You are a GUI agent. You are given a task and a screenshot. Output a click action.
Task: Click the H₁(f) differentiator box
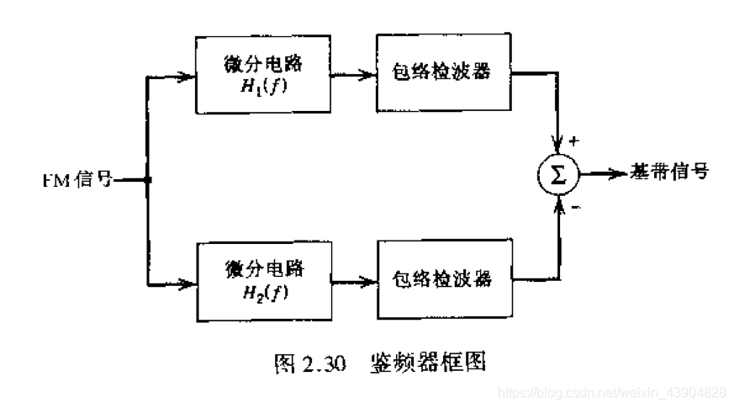262,75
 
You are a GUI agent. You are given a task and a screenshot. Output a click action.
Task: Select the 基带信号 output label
670,173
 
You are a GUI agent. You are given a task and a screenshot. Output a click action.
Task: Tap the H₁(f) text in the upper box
262,87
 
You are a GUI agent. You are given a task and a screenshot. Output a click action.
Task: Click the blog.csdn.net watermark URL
614,393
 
